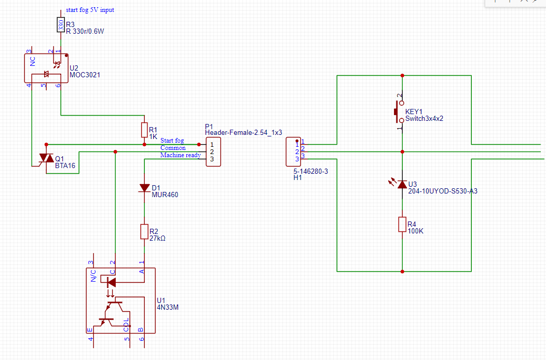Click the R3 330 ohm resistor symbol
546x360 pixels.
pyautogui.click(x=61, y=25)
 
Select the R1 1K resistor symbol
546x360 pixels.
pyautogui.click(x=144, y=130)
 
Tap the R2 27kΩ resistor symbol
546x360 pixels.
pyautogui.click(x=144, y=231)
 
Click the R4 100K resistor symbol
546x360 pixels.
pyautogui.click(x=402, y=225)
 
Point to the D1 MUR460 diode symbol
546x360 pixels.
pyautogui.click(x=144, y=188)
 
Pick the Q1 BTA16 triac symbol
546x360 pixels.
pyautogui.click(x=46, y=159)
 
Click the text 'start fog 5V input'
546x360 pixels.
pyautogui.click(x=90, y=10)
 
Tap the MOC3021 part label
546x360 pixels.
pyautogui.click(x=85, y=75)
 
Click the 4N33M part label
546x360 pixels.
pyautogui.click(x=168, y=307)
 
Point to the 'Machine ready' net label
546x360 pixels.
pyautogui.click(x=181, y=155)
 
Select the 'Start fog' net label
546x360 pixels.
pyautogui.click(x=172, y=140)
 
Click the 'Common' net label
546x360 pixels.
pyautogui.click(x=173, y=148)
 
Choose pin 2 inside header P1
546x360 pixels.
pyautogui.click(x=212, y=152)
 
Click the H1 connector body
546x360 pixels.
pyautogui.click(x=293, y=152)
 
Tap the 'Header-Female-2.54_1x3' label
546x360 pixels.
pyautogui.click(x=243, y=133)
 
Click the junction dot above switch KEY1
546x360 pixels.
pyautogui.click(x=402, y=76)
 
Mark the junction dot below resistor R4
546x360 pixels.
pyautogui.click(x=402, y=272)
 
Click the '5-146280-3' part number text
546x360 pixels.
pyautogui.click(x=310, y=171)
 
